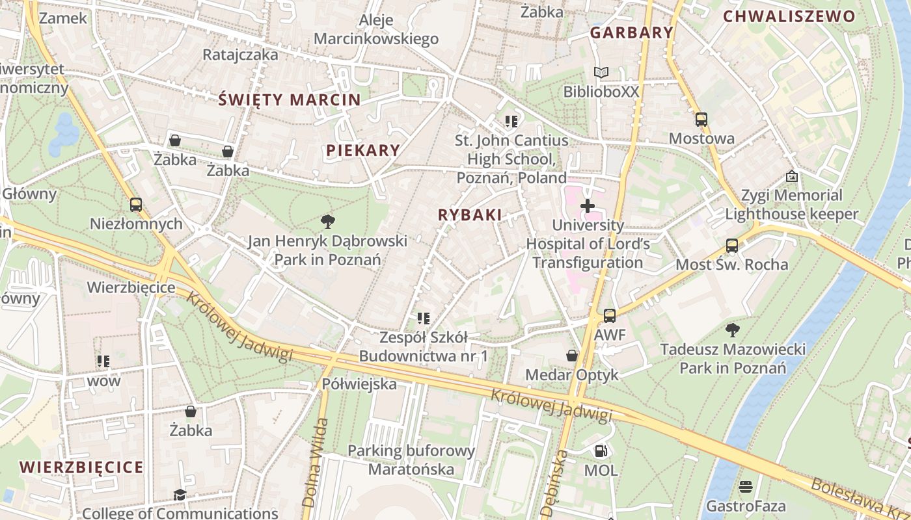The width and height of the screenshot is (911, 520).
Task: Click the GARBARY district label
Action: click(x=631, y=32)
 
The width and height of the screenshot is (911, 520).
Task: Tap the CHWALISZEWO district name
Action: click(x=789, y=17)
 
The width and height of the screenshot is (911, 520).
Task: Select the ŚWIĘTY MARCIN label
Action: click(x=289, y=99)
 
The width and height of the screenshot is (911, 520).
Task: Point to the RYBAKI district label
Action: click(x=470, y=215)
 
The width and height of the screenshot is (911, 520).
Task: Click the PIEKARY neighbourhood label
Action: click(x=363, y=150)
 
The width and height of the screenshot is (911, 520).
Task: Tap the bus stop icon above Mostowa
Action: click(x=701, y=120)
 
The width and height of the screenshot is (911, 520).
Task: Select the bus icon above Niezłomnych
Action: click(x=135, y=205)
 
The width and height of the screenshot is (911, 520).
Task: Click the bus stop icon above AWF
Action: click(x=609, y=316)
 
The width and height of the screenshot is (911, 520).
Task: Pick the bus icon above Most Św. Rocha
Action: click(x=732, y=246)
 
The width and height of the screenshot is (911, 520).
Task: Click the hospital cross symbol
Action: click(x=588, y=207)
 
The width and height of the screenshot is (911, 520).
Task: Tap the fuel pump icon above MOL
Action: click(x=601, y=450)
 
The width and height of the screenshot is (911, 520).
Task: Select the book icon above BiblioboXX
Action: click(x=601, y=73)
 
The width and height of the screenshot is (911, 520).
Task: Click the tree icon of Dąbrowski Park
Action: click(x=327, y=222)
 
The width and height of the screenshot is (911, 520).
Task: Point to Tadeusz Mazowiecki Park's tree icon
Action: click(x=733, y=330)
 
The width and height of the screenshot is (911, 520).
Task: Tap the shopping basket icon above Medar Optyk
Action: click(x=571, y=356)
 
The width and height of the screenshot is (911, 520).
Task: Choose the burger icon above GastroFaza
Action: click(x=745, y=487)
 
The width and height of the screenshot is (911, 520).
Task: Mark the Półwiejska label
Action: click(x=359, y=384)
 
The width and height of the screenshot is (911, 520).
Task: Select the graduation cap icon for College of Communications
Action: click(x=180, y=495)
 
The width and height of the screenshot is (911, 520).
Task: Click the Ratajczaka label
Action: click(x=240, y=55)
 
